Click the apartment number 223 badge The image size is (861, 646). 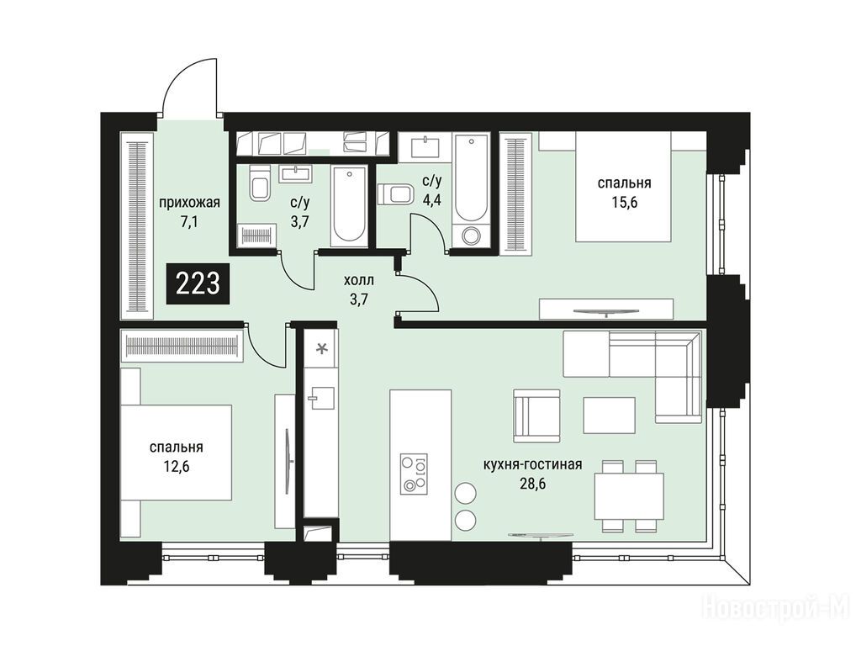click(x=198, y=284)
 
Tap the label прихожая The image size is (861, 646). click(x=189, y=203)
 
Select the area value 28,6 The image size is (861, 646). click(x=532, y=484)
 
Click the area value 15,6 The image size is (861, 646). click(x=625, y=203)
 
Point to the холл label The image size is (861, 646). click(x=358, y=281)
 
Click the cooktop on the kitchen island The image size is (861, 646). click(x=414, y=474)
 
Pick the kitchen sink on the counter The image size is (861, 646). click(x=321, y=398)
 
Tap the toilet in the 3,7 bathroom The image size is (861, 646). click(x=260, y=182)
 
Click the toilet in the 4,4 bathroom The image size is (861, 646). click(x=396, y=195)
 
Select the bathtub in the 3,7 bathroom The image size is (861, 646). click(x=349, y=206)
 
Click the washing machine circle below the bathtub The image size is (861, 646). click(x=471, y=236)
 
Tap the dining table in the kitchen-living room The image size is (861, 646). click(x=629, y=496)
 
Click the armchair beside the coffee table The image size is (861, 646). click(x=537, y=416)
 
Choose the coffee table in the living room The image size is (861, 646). click(x=609, y=416)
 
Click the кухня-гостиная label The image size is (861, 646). click(x=532, y=464)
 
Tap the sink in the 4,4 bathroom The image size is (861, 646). click(x=425, y=146)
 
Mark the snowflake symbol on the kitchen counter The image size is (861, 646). click(x=323, y=347)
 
